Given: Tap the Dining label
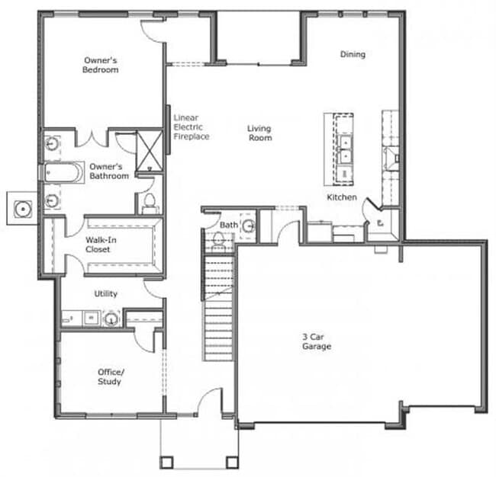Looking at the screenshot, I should pos(353,54).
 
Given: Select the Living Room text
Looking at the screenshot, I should pos(259,133).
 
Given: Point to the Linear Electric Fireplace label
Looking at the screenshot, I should pos(190,126).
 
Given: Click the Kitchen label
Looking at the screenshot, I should pos(342,197).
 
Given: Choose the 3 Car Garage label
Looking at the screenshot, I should pos(317,341).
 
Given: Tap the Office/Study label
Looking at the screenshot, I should pos(110,376).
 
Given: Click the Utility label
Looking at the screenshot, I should pos(106,293).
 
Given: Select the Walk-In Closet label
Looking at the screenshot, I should pos(98,245).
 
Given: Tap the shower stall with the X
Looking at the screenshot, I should pos(150,150).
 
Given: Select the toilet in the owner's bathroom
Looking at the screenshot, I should pos(150,203).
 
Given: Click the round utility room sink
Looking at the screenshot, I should pos(111,318).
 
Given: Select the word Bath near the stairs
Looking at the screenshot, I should pos(229,225).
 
